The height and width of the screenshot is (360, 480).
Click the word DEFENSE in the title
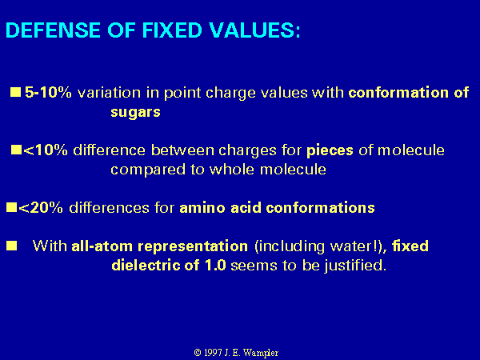pyautogui.click(x=54, y=30)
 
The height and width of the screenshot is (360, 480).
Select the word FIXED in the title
pyautogui.click(x=172, y=30)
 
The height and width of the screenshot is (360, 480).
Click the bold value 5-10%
pyautogui.click(x=48, y=92)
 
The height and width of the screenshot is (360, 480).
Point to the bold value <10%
pyautogui.click(x=46, y=150)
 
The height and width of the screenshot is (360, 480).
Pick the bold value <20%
pyautogui.click(x=41, y=207)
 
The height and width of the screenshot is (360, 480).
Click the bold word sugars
pyautogui.click(x=135, y=112)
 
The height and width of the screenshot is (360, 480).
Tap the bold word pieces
pyautogui.click(x=330, y=151)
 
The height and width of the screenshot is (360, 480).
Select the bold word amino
pyautogui.click(x=202, y=208)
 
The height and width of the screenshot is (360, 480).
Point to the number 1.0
pyautogui.click(x=215, y=265)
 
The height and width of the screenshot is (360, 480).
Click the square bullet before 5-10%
pyautogui.click(x=16, y=92)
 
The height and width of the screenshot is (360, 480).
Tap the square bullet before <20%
pyautogui.click(x=11, y=207)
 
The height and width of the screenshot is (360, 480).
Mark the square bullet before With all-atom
pyautogui.click(x=12, y=246)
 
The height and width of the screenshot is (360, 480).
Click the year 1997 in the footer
pyautogui.click(x=213, y=353)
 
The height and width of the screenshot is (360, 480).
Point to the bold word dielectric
pyautogui.click(x=146, y=265)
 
